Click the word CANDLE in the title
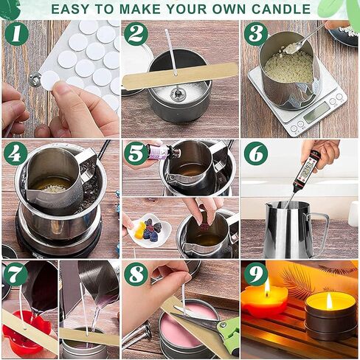coord(281,9)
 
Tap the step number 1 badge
coord(16,34)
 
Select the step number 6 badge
coord(256,154)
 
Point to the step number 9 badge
coord(256,274)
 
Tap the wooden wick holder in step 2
coord(180,75)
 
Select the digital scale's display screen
coord(316,111)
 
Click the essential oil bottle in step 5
coord(163,150)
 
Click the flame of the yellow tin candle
coord(330,302)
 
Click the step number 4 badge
coord(15,154)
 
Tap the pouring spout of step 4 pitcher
coord(30,190)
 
